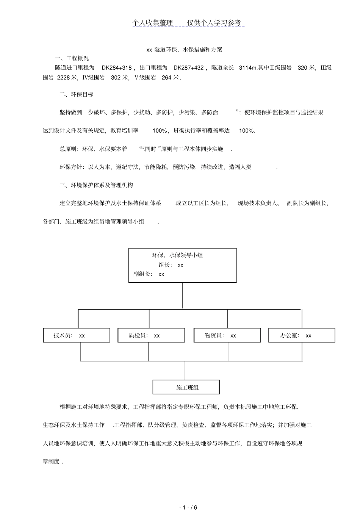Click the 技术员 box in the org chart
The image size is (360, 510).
point(77,335)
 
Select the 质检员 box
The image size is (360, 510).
point(151,335)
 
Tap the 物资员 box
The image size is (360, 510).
point(227,335)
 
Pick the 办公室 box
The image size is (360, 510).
point(302,335)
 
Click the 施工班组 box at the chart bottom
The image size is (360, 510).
point(186,387)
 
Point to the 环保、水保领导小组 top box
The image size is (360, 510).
point(182,265)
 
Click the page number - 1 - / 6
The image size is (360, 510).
point(188,497)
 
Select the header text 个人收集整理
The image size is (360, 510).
point(152,23)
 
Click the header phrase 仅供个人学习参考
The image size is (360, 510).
point(214,23)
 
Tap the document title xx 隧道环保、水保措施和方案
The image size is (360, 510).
point(184,49)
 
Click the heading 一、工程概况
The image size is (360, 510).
point(72,58)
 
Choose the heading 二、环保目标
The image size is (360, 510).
point(77,94)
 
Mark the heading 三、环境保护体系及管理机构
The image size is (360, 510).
point(96,185)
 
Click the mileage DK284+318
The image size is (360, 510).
point(116,68)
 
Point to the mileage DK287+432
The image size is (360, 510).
point(188,68)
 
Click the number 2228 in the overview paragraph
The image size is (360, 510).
point(63,77)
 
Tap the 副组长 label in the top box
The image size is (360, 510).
point(142,274)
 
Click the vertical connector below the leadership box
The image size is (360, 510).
point(183,296)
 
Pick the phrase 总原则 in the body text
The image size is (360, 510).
point(68,149)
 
